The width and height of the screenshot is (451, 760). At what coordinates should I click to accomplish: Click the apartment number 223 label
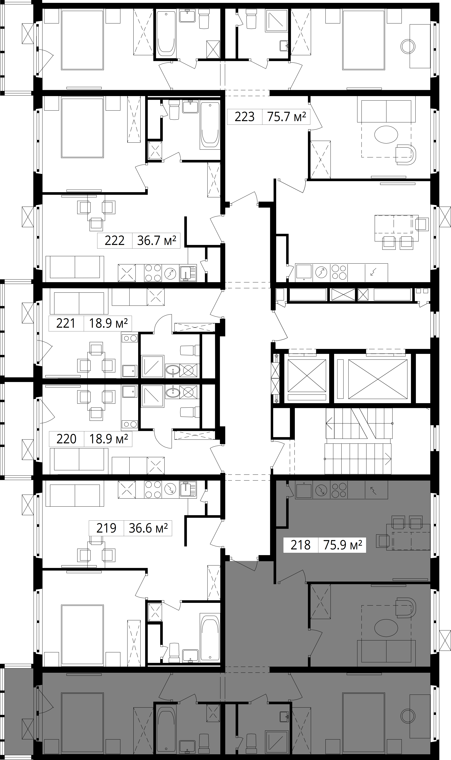click(x=245, y=117)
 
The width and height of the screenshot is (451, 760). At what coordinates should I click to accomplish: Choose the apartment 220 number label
click(x=66, y=439)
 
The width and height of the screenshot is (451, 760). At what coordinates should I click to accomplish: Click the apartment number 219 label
click(x=106, y=528)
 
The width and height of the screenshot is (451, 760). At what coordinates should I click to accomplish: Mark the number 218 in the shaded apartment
click(x=301, y=545)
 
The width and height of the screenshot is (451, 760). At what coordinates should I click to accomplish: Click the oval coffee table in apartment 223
click(x=386, y=134)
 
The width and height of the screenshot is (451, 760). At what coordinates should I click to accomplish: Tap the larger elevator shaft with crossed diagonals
click(x=378, y=379)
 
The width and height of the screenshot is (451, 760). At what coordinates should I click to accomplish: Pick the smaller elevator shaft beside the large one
click(x=307, y=376)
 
